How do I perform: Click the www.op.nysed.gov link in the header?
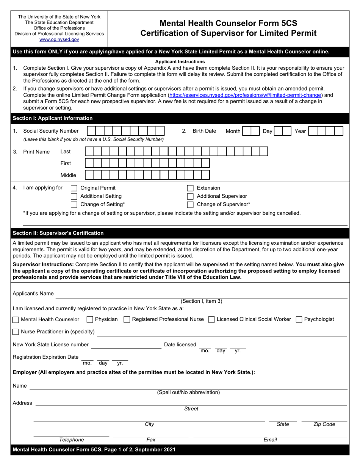click(x=59, y=39)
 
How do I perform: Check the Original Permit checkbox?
click(x=74, y=188)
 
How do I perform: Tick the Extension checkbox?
click(x=191, y=188)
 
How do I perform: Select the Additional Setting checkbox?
click(x=74, y=196)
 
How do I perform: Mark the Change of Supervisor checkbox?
click(x=191, y=205)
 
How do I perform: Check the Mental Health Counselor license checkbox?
click(x=16, y=320)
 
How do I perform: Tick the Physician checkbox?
click(x=90, y=320)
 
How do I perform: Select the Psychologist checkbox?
click(x=299, y=320)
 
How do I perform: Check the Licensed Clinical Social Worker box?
click(x=212, y=320)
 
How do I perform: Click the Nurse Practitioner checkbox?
click(x=16, y=332)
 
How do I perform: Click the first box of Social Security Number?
click(x=91, y=131)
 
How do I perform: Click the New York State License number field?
click(x=126, y=345)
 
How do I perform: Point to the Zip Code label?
click(x=324, y=424)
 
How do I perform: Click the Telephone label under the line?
click(x=72, y=440)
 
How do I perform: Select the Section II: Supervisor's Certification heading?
click(x=58, y=233)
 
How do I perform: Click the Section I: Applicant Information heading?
click(x=53, y=118)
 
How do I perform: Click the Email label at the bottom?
click(x=270, y=440)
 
